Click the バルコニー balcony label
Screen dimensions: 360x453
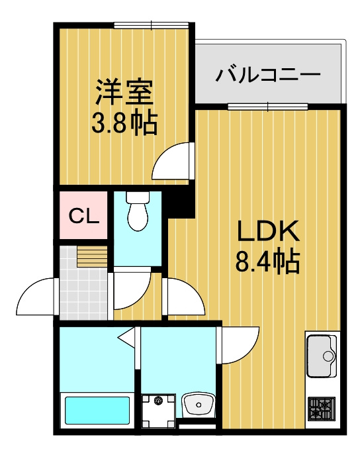coord(268,75)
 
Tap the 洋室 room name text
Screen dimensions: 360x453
coord(124,92)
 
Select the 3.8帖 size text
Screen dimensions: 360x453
coord(124,123)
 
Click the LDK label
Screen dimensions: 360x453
coord(267,231)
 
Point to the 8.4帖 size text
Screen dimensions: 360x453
coord(267,262)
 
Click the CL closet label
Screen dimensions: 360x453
coord(84,216)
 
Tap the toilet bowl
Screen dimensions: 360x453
coord(138,215)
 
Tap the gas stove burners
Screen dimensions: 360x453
coord(322,408)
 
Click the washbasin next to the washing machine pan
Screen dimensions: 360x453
coord(199,405)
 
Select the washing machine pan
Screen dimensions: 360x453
coord(158,411)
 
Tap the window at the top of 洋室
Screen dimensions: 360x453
coord(152,25)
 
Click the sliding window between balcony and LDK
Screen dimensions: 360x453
coord(268,107)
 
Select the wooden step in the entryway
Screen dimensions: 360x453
coord(92,256)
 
